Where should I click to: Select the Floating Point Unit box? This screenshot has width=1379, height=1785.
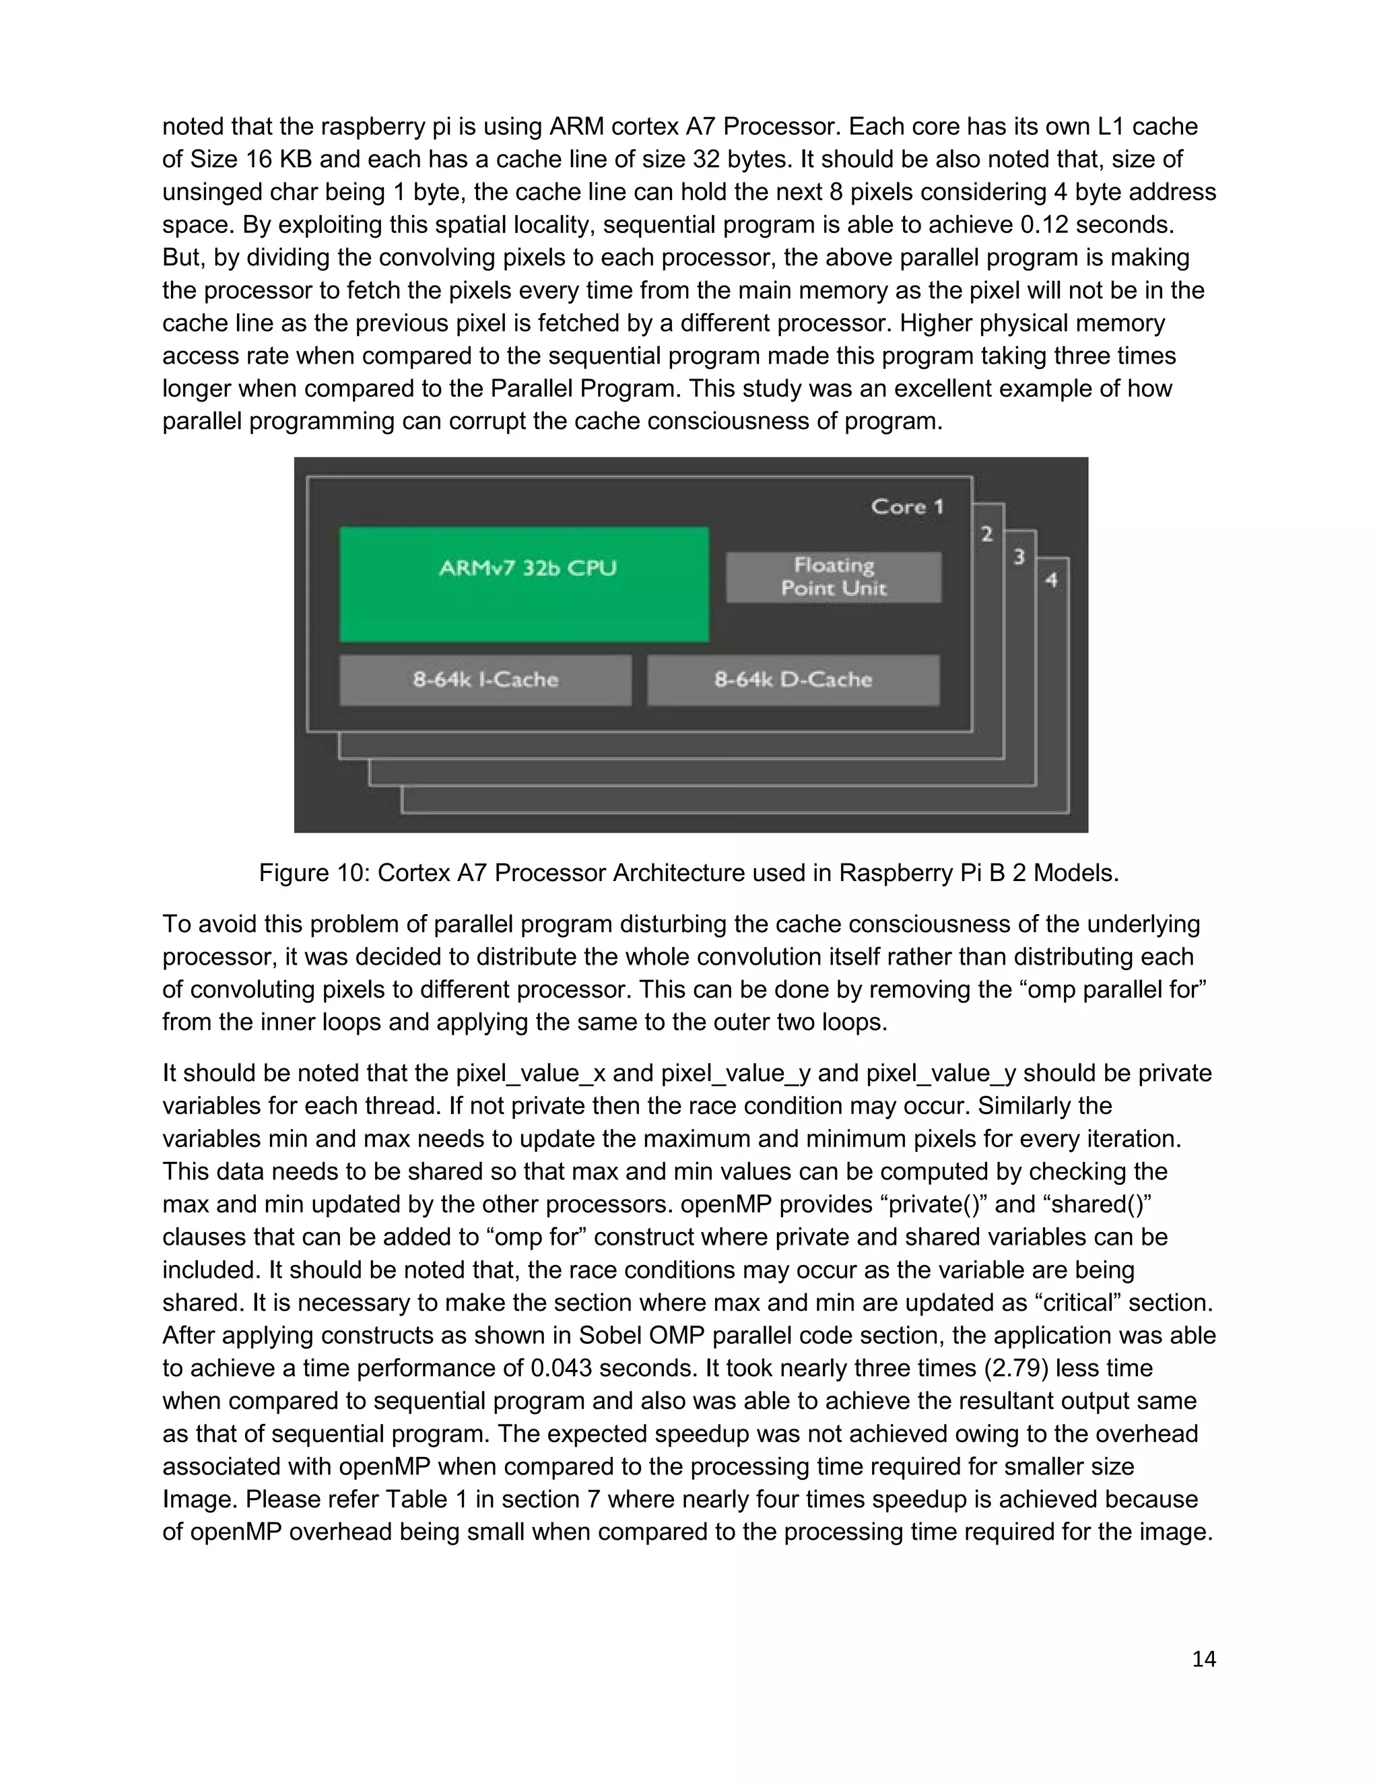(834, 577)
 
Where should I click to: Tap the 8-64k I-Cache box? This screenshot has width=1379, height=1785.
(485, 680)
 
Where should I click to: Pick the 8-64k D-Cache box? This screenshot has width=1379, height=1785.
(793, 680)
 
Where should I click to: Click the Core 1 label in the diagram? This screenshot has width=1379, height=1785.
(907, 507)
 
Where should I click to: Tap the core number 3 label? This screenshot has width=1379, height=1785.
(1019, 558)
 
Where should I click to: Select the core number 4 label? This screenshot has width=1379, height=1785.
(1051, 580)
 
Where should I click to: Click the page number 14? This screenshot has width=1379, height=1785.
(1203, 1659)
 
